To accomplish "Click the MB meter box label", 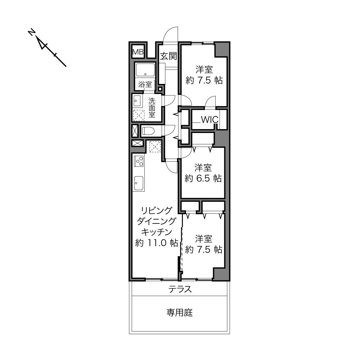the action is (138, 52).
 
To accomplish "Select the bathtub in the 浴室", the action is (145, 70).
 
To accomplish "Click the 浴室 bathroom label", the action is (145, 85).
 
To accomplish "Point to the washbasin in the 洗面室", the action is (137, 101).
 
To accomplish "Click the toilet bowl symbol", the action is (148, 131).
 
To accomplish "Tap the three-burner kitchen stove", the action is (139, 161).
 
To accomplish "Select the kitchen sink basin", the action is (139, 183).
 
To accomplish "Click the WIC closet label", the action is (210, 120).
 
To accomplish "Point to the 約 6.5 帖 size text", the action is (203, 178).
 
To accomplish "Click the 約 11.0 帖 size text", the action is (156, 243).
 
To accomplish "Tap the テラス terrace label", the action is (180, 289).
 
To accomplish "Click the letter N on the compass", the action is (32, 32).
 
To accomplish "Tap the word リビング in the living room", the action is (156, 211).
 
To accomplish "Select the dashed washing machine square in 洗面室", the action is (139, 116).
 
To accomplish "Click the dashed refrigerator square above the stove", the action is (155, 147).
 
